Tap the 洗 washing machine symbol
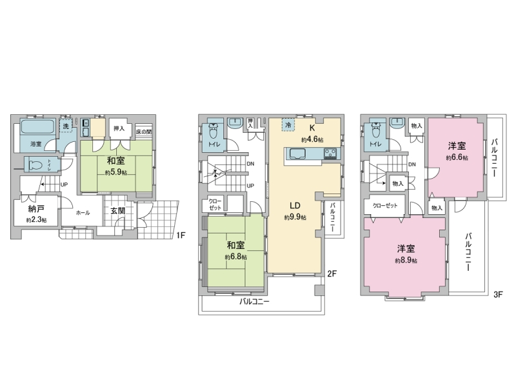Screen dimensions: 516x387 pos(66,125)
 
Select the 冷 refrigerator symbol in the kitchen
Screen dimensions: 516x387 pos(288,125)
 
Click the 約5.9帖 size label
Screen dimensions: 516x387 pos(116,172)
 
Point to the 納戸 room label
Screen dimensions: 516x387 pos(36,208)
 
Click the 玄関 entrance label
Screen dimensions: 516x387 pos(117,211)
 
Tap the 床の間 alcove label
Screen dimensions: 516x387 pos(144,132)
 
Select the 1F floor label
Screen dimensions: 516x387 pos(181,235)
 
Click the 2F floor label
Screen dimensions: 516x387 pos(332,273)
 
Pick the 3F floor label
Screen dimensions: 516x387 pos(498,294)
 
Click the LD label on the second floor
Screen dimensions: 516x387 pos(295,206)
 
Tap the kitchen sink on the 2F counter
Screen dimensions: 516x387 pos(297,154)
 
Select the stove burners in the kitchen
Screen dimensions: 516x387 pos(330,154)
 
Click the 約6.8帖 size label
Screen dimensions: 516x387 pos(236,257)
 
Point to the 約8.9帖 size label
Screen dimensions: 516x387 pos(406,261)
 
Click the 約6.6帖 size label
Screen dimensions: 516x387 pos(457,157)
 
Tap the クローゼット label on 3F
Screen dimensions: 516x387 pos(385,205)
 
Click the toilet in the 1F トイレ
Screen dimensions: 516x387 pos(36,164)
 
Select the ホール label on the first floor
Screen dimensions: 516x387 pos(83,213)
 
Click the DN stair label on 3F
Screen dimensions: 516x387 pos(412,164)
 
